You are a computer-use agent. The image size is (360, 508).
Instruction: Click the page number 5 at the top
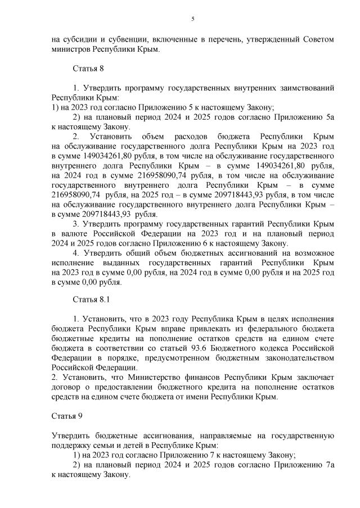(x=193, y=19)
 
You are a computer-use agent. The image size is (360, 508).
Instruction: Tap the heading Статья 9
(x=67, y=416)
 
